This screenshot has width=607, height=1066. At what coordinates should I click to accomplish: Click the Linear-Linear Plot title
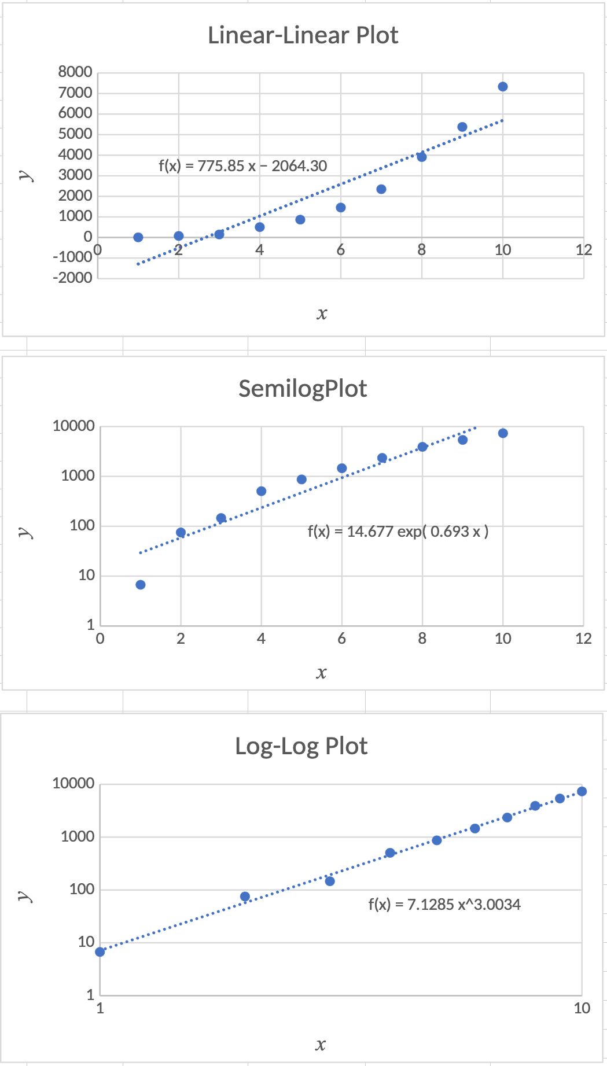[303, 35]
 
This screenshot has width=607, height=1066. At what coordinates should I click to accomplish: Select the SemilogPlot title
[303, 389]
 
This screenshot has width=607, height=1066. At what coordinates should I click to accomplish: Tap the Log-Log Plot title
[301, 746]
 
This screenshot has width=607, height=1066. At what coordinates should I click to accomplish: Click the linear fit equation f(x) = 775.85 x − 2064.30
[242, 166]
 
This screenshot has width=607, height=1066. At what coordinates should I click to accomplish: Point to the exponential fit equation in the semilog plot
[398, 531]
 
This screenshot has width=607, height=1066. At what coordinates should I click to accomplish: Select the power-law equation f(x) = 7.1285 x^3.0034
[444, 904]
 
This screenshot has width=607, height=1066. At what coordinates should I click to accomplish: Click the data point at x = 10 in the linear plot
[502, 87]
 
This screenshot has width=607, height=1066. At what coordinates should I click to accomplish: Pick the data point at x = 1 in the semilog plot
[141, 585]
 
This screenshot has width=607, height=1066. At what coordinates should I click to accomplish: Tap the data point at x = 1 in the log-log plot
[100, 951]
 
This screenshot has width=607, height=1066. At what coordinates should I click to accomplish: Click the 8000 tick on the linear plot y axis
[75, 72]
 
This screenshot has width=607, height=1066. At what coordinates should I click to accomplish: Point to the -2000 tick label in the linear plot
[72, 278]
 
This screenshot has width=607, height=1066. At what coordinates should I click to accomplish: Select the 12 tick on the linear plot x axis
[583, 250]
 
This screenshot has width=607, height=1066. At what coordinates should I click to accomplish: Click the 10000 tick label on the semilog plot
[73, 426]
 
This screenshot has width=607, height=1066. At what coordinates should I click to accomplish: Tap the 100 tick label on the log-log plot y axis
[82, 889]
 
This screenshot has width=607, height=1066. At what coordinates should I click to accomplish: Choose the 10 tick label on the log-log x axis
[582, 1008]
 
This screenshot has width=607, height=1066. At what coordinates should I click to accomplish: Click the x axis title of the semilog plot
[322, 672]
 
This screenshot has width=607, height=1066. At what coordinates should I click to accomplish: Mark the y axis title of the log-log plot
[25, 895]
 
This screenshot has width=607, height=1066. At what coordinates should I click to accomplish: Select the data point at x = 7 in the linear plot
[381, 189]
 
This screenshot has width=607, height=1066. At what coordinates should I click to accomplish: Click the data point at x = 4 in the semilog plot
[261, 491]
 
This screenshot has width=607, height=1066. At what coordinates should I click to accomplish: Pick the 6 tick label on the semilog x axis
[341, 639]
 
